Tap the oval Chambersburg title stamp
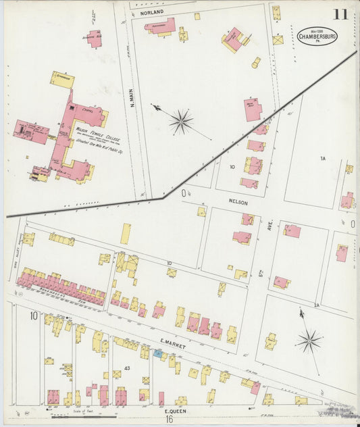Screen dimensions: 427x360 pyautogui.click(x=317, y=35)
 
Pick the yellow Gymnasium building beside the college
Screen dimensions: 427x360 pyautogui.click(x=62, y=79)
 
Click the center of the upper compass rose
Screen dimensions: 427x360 pyautogui.click(x=180, y=122)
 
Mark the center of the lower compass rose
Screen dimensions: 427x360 pyautogui.click(x=309, y=341)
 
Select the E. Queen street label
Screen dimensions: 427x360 pyautogui.click(x=175, y=409)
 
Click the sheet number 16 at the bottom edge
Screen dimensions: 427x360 pyautogui.click(x=168, y=420)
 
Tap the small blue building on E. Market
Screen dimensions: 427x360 pyautogui.click(x=157, y=353)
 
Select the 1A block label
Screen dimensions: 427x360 pyautogui.click(x=322, y=158)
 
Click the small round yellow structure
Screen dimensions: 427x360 pyautogui.click(x=256, y=63)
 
